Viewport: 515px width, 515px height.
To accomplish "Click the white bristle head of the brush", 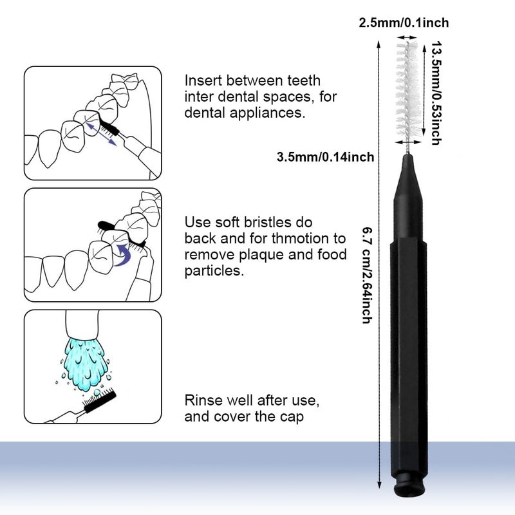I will click(407, 90).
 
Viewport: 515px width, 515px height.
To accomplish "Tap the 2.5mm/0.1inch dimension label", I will click(404, 23).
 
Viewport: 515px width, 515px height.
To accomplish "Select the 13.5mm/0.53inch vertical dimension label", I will click(436, 93).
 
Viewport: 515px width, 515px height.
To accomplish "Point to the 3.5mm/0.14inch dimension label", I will click(324, 156).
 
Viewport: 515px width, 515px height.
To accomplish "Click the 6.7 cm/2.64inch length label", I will click(366, 274).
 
